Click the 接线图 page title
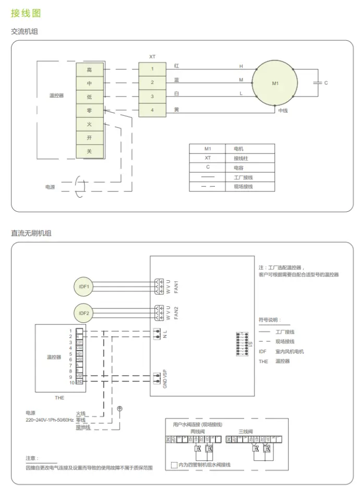pyautogui.click(x=26, y=13)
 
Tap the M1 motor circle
pyautogui.click(x=275, y=82)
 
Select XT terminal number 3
pyautogui.click(x=152, y=97)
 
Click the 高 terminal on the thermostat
pyautogui.click(x=89, y=69)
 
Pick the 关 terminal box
pyautogui.click(x=89, y=151)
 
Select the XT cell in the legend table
pyautogui.click(x=208, y=158)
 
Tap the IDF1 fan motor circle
pyautogui.click(x=84, y=286)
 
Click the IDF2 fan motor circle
pyautogui.click(x=84, y=313)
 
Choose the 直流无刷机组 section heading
pyautogui.click(x=31, y=233)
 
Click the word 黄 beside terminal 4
pyautogui.click(x=176, y=109)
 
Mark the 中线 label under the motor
pyautogui.click(x=283, y=111)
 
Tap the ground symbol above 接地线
pyautogui.click(x=119, y=409)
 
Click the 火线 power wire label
pyautogui.click(x=80, y=413)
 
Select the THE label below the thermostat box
pyautogui.click(x=59, y=397)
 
